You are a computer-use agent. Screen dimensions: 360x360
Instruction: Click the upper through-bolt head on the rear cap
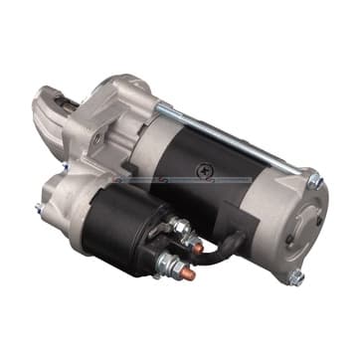click(315, 180)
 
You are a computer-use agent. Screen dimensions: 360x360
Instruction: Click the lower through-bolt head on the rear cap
click(295, 277)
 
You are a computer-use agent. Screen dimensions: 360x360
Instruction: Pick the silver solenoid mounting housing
click(75, 189)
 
